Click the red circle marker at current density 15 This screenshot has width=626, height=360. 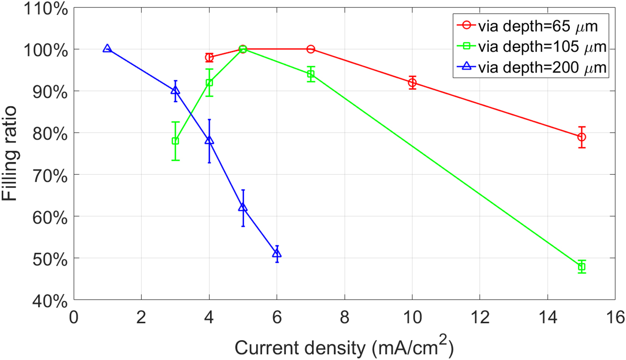581,137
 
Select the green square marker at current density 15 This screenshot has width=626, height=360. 581,267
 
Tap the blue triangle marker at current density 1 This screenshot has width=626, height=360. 107,49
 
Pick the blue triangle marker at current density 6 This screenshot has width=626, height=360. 277,253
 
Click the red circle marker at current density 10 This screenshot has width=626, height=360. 412,83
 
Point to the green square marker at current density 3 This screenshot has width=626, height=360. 175,141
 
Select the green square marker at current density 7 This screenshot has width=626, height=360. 311,74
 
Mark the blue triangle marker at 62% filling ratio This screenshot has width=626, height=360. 243,207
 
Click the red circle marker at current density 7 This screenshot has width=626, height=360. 311,49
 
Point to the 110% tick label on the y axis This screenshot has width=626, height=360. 46,8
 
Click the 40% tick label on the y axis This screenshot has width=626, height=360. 49,300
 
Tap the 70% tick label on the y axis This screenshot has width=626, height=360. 49,175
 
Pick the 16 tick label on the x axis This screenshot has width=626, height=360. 615,317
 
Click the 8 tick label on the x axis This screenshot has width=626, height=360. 344,317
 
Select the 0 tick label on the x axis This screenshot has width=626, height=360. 74,317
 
